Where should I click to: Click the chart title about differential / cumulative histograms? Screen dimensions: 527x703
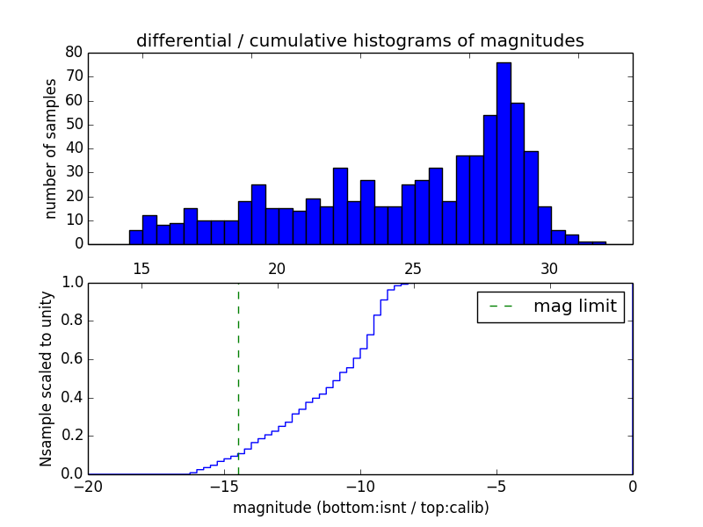[x=359, y=40]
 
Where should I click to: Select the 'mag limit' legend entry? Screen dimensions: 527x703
[x=550, y=307]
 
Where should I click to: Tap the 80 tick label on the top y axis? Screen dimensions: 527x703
[x=74, y=53]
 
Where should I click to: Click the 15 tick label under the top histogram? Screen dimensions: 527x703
[x=141, y=269]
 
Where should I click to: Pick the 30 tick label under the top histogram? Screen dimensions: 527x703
[x=550, y=269]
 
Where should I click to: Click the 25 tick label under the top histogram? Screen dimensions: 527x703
[x=414, y=269]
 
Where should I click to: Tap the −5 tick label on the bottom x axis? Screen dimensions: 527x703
[x=496, y=486]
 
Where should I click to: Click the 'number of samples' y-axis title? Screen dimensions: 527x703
[x=51, y=148]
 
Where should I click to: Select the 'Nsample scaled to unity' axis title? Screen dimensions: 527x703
[x=47, y=379]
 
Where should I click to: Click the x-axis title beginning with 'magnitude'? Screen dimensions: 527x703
[x=360, y=508]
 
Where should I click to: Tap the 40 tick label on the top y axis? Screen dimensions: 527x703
[x=74, y=148]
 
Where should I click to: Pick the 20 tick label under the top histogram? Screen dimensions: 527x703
[x=278, y=269]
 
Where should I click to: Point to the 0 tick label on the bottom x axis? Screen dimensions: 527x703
[x=633, y=486]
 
